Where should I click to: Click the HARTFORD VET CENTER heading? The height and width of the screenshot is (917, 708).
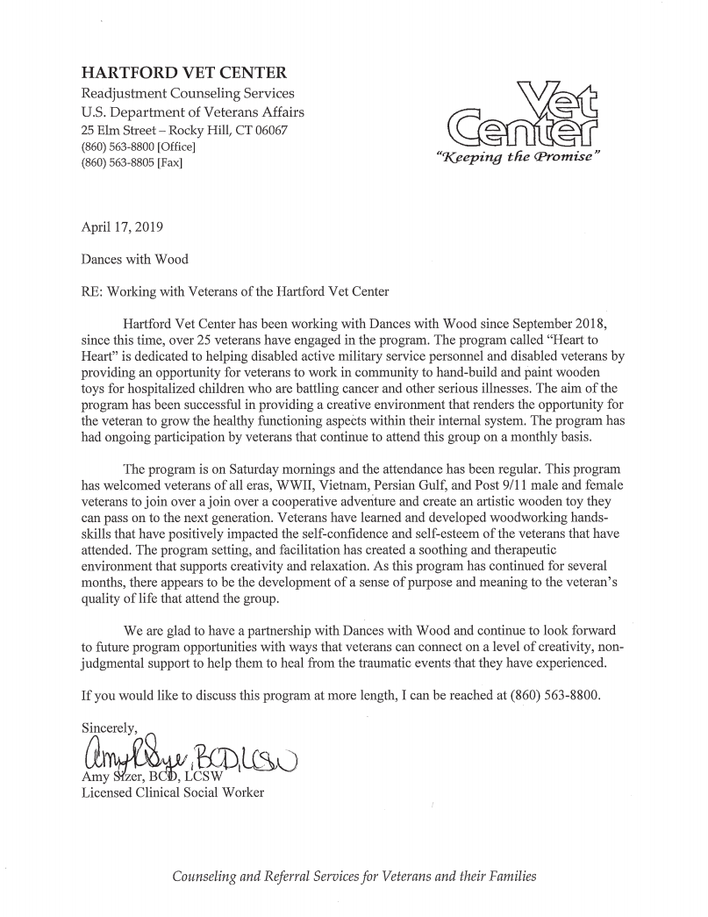183,73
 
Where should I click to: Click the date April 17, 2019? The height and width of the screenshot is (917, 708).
121,226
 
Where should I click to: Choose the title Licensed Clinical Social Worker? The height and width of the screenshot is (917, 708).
172,792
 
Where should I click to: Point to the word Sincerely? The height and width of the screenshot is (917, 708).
110,727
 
